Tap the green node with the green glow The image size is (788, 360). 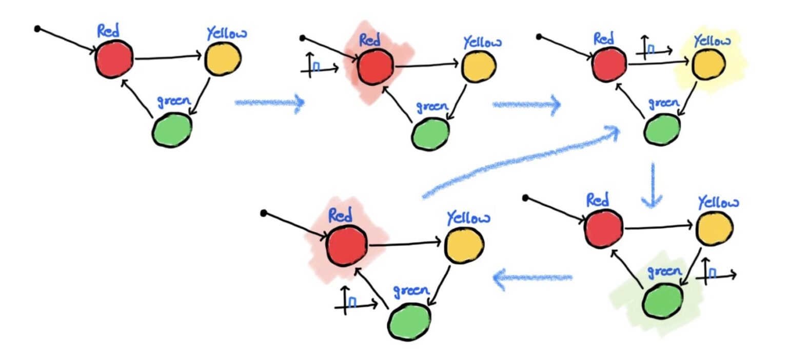pos(663,301)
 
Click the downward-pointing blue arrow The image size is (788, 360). pos(653,185)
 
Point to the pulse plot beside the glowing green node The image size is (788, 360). pos(716,272)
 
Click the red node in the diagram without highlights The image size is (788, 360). pos(114,59)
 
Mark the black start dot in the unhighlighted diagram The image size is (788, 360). pos(37,29)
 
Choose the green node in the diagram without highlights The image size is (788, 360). pos(172,129)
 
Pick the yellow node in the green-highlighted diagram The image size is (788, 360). pos(714,228)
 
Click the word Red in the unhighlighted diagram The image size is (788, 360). pos(109,32)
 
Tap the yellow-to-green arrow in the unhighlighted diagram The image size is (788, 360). pos(201,96)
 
